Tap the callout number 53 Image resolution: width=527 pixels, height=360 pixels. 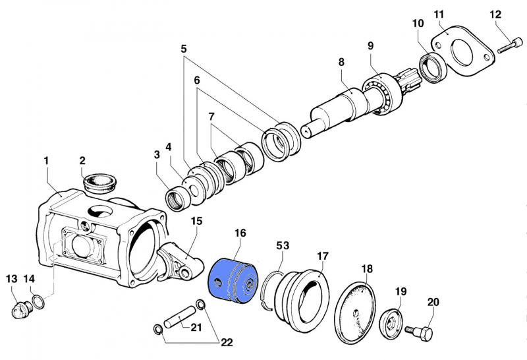[283, 246]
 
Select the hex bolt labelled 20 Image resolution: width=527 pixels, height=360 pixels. [420, 332]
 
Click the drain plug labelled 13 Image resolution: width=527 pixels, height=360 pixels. [21, 309]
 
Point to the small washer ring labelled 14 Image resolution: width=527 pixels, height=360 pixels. [39, 301]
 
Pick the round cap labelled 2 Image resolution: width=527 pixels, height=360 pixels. [99, 183]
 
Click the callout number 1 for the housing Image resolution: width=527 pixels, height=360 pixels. [46, 160]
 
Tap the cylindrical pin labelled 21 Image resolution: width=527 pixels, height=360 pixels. [179, 316]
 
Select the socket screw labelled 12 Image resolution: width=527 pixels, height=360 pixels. [510, 45]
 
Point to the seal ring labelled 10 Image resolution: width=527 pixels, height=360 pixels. [433, 68]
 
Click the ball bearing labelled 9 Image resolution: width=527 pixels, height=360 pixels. [382, 95]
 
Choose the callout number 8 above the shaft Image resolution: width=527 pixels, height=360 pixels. [341, 62]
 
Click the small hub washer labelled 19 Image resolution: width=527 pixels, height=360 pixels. [391, 324]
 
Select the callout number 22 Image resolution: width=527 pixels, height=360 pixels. [227, 342]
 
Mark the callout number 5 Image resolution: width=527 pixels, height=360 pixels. [184, 49]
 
